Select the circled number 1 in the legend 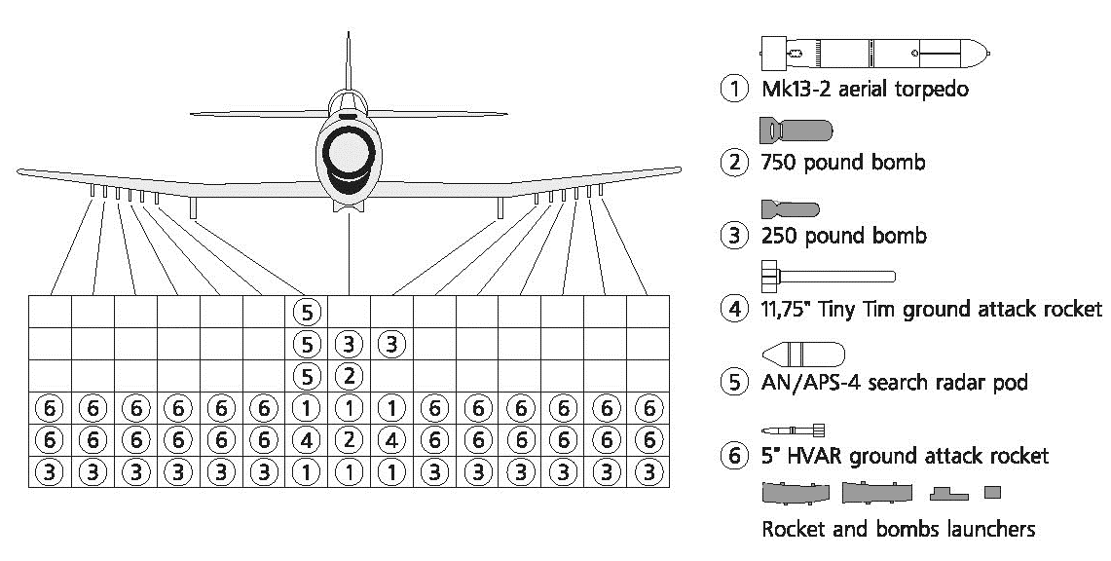732,89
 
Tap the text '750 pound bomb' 842,163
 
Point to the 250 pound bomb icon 790,208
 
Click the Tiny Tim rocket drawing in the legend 827,277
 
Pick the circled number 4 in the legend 732,310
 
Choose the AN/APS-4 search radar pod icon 802,353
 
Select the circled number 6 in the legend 732,457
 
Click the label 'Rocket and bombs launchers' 897,530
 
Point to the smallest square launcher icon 992,493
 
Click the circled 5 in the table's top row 307,312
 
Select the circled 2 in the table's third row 349,375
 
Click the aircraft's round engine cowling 349,154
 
